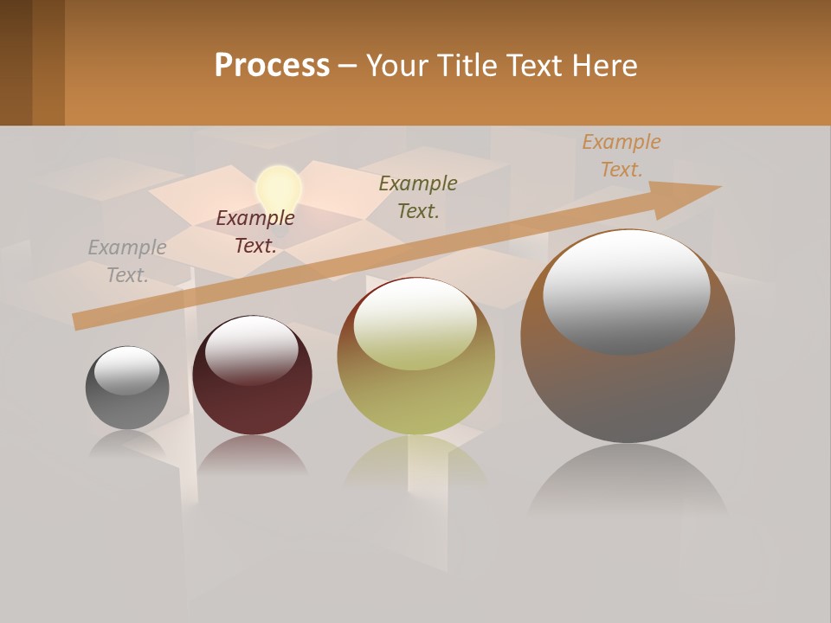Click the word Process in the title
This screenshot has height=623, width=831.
click(272, 66)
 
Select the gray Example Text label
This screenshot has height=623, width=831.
click(127, 261)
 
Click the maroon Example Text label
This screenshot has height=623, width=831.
click(255, 232)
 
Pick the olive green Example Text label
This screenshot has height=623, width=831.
click(418, 196)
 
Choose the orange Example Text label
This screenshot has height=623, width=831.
click(622, 156)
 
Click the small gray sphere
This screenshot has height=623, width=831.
click(127, 407)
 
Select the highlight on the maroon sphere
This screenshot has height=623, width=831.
click(251, 346)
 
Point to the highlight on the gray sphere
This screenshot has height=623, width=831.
click(127, 369)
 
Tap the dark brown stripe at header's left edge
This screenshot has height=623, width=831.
click(16, 62)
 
